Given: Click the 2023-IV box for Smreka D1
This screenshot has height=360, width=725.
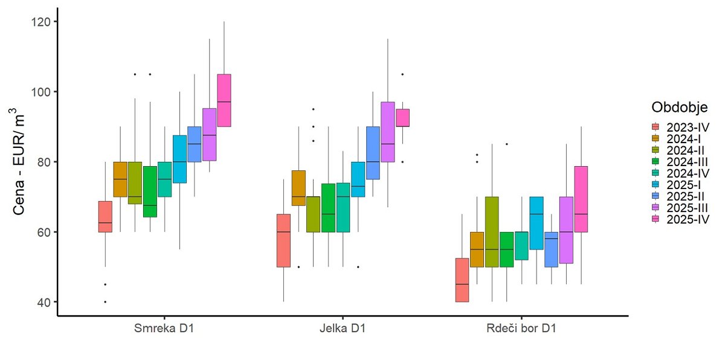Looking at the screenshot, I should pos(105,216).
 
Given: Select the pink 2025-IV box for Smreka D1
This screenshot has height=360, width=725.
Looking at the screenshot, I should pos(224,100).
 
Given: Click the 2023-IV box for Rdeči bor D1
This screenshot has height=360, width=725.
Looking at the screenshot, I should pos(462,280).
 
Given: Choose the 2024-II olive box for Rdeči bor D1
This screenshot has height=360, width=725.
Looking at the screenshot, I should pos(492,231).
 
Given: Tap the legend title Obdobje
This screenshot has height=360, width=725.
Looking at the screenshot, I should pos(680,107).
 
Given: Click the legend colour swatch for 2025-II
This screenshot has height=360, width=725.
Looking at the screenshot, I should pos(655,196).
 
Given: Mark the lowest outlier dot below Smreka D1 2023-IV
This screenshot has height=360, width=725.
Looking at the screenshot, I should pos(105,302).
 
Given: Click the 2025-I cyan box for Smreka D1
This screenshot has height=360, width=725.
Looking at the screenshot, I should pos(179,159).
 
